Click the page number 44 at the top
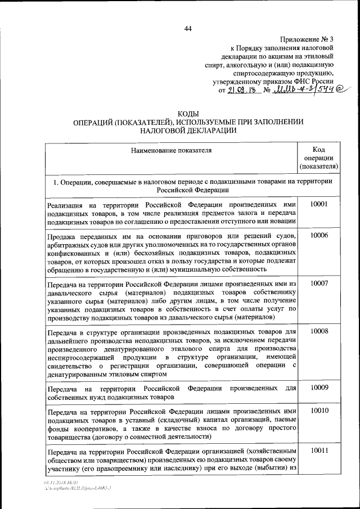pos(188,29)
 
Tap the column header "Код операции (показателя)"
pos(319,157)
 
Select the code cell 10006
pos(319,236)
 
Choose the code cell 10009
pos(319,387)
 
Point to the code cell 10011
pos(319,451)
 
